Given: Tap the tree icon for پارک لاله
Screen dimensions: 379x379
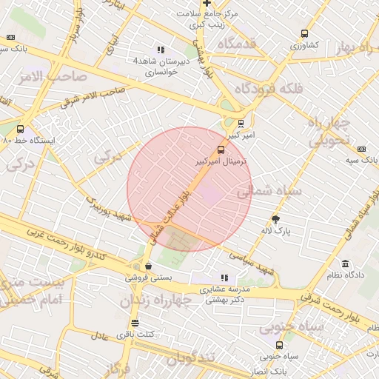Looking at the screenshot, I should [x=276, y=220].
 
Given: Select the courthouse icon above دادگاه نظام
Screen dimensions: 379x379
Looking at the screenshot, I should [x=345, y=264].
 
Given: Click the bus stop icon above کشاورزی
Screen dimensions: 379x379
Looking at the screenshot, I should [x=304, y=34].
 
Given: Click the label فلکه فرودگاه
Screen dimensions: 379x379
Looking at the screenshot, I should [x=268, y=88].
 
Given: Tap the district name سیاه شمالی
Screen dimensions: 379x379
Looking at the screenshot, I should [x=269, y=191].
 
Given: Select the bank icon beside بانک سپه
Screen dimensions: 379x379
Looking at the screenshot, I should [x=361, y=149].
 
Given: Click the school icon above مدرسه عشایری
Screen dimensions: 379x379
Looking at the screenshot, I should [x=224, y=278].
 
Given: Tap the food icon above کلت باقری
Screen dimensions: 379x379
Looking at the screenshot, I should [x=134, y=323].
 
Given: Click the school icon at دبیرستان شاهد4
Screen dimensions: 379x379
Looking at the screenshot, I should [x=161, y=50].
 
